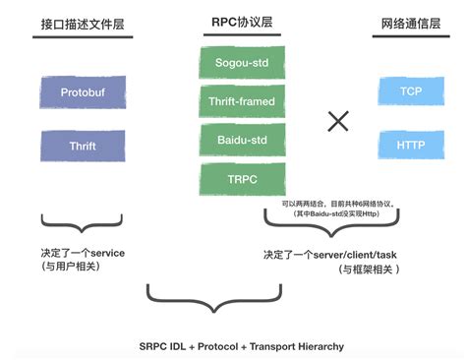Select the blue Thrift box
click(83, 145)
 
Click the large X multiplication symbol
click(338, 121)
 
